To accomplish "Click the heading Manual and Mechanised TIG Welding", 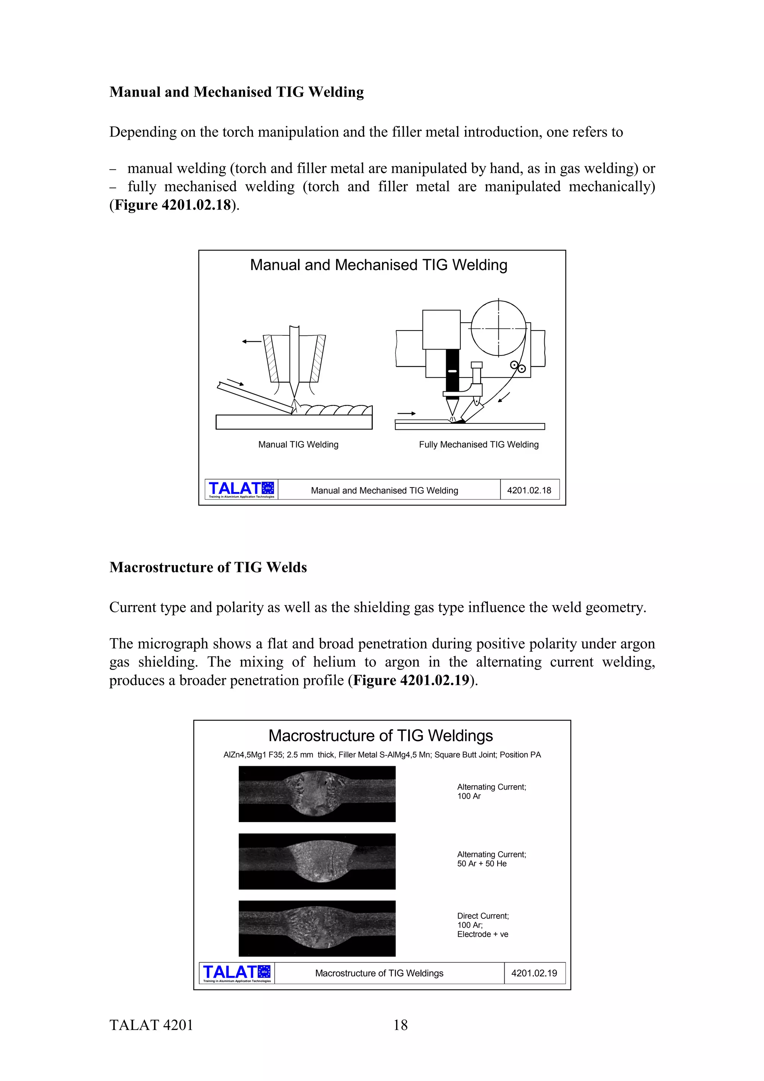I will point(236,92).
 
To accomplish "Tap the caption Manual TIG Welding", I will point(298,445).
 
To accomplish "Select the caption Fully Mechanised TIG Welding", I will point(478,445).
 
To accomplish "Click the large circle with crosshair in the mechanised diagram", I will point(498,328).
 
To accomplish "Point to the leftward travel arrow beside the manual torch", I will point(251,341).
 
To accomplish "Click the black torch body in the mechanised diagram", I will point(452,370).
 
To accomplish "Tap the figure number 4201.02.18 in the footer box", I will point(529,490).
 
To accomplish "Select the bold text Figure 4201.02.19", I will point(411,680).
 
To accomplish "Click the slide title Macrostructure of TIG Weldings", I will point(381,736).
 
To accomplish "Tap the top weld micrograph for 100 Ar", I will point(317,794).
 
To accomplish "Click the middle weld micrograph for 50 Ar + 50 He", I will point(317,861).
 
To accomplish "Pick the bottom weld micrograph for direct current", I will point(317,928).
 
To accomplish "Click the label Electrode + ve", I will point(482,934).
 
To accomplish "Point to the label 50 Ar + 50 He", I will point(482,864).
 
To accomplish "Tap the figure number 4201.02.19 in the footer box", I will point(534,973).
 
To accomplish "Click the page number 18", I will point(400,1025).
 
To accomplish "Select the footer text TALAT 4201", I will point(151,1025).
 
